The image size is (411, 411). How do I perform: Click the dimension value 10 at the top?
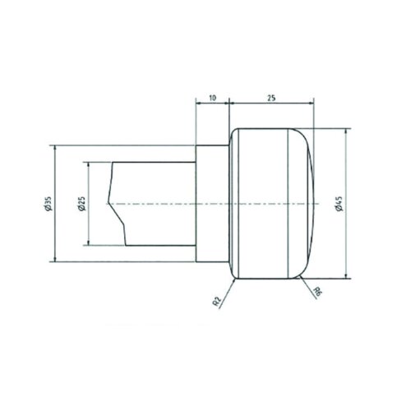(211, 97)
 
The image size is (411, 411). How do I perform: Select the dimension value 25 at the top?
(271, 97)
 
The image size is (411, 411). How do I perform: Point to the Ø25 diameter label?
(81, 203)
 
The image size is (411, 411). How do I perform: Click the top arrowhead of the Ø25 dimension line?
(87, 163)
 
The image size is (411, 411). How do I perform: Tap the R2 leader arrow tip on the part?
(235, 276)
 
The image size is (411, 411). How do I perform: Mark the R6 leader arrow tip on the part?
(301, 275)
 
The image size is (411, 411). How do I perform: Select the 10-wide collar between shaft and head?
(211, 203)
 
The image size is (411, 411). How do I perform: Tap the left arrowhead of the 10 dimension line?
(197, 104)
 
